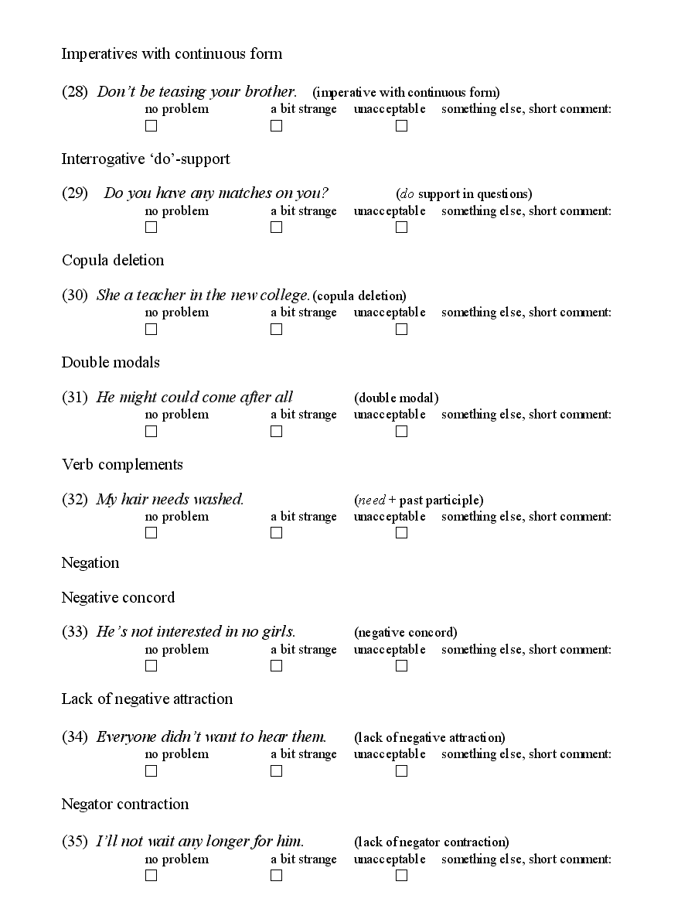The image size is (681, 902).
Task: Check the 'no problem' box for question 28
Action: (x=151, y=126)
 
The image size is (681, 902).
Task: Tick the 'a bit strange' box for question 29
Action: (x=276, y=227)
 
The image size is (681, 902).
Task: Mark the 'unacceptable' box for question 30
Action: (x=401, y=330)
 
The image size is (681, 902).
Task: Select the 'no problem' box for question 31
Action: (x=151, y=432)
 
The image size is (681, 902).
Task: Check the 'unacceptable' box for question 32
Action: (x=401, y=533)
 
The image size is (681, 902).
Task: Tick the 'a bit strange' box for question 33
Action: (x=276, y=666)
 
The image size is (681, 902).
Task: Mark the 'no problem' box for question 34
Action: (x=151, y=771)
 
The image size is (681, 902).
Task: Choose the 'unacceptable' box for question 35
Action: (x=401, y=876)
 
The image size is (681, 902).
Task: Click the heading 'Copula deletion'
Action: (x=113, y=260)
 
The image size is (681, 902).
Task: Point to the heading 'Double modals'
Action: (x=111, y=362)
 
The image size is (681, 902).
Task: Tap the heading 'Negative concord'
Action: (x=118, y=597)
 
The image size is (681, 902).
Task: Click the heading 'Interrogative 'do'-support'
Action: (x=145, y=159)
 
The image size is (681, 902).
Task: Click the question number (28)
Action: (x=75, y=92)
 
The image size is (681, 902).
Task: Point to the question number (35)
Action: (x=75, y=842)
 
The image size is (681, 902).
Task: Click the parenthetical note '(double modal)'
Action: (x=396, y=398)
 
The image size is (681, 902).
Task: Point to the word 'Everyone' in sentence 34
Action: (x=126, y=737)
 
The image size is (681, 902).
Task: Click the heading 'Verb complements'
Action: (x=122, y=464)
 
